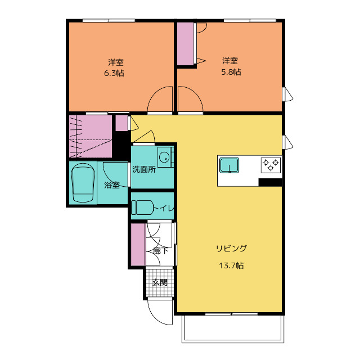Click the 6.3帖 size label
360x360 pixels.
click(x=114, y=73)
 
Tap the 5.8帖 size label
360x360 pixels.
click(x=231, y=72)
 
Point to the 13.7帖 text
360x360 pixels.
click(x=231, y=265)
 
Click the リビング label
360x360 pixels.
click(x=231, y=249)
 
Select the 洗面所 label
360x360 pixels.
click(x=144, y=169)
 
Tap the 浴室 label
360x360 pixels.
click(x=112, y=185)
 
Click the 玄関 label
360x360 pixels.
click(x=160, y=282)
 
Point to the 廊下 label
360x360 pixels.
click(x=161, y=251)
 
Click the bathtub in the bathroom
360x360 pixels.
click(x=83, y=183)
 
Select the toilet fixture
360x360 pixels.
click(x=142, y=208)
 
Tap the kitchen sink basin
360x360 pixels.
click(x=229, y=165)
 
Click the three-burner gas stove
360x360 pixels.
click(x=271, y=165)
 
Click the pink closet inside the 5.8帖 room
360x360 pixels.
click(x=185, y=44)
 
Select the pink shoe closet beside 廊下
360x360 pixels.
click(x=138, y=244)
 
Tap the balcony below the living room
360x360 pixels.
click(x=233, y=328)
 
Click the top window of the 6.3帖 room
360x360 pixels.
click(x=109, y=21)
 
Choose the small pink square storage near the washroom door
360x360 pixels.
click(x=121, y=123)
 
